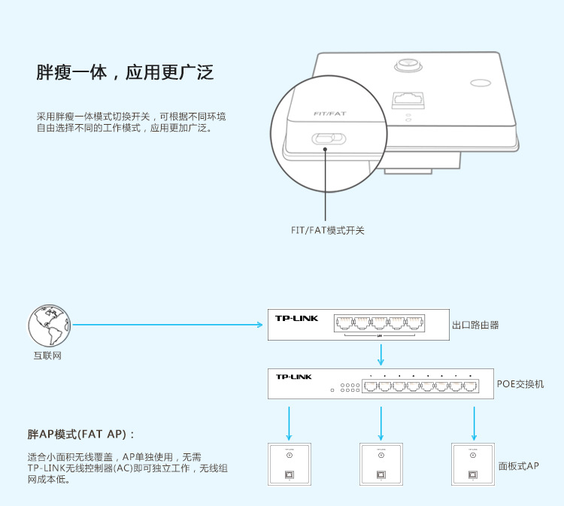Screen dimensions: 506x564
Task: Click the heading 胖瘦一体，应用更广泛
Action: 126,73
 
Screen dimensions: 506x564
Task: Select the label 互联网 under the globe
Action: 47,355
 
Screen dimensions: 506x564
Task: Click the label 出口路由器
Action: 475,325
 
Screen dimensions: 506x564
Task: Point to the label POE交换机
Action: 520,384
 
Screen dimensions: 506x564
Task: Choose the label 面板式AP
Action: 519,466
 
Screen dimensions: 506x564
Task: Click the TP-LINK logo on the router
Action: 297,319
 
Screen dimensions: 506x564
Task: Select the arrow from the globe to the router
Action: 169,325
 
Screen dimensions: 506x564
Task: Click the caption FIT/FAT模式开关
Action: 327,231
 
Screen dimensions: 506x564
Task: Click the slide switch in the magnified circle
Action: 328,139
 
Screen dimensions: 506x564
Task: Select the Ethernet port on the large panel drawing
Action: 407,98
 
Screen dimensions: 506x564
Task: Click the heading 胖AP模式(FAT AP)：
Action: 81,435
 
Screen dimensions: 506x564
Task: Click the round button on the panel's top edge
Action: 408,65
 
